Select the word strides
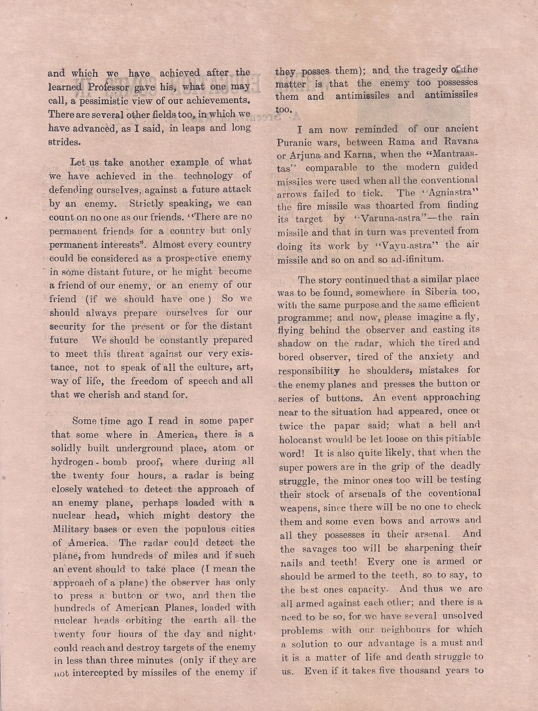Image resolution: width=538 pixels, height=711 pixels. point(65,142)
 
